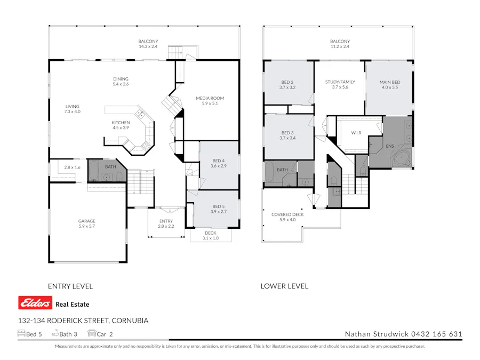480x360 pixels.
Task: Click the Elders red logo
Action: pos(35,303)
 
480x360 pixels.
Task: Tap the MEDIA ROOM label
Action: pos(210,98)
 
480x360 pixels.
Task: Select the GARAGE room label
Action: pos(87,221)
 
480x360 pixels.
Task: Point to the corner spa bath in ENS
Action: pos(402,158)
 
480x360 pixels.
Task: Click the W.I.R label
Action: pos(356,132)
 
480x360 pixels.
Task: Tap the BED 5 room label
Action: pos(219,206)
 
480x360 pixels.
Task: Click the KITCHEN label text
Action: pos(121,123)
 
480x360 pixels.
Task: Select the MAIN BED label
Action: pos(389,82)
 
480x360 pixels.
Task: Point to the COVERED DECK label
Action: pos(287,214)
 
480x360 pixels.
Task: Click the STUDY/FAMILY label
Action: pos(340,82)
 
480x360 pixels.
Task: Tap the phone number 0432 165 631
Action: pos(436,334)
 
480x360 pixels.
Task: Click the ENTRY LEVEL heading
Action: pos(70,286)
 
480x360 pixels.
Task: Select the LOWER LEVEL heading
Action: pos(284,286)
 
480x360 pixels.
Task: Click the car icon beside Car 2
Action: pos(91,334)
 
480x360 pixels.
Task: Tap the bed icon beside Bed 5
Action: pos(22,334)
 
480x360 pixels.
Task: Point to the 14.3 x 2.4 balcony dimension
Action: pos(148,46)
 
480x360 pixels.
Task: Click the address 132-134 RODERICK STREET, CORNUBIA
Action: pos(83,321)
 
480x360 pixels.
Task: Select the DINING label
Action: pos(121,79)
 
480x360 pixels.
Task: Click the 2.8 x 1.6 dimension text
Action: pos(72,167)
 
